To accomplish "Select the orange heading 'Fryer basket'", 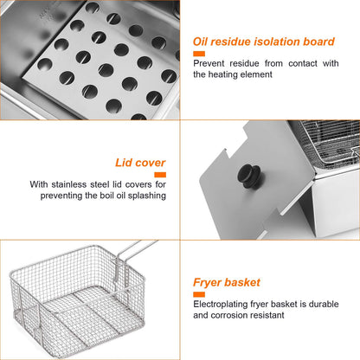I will (227, 282).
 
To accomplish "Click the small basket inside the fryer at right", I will (334, 160).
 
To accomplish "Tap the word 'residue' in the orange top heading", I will (243, 41).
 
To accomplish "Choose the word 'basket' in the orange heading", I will (243, 282).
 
